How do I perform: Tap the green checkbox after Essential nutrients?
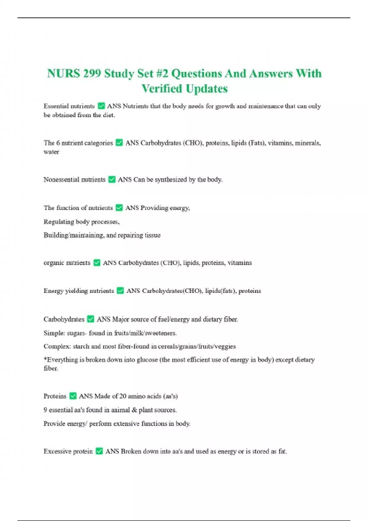(101, 106)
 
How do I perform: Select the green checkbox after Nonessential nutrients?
(112, 180)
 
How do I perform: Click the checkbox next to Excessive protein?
(99, 451)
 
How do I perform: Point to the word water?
(51, 152)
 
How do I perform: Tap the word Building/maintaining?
(73, 235)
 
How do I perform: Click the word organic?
(54, 263)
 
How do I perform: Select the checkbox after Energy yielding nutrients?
(120, 291)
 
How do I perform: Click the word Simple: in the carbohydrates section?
(54, 333)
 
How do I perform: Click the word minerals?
(308, 143)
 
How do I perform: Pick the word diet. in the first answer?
(109, 115)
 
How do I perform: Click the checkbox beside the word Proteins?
(73, 396)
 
